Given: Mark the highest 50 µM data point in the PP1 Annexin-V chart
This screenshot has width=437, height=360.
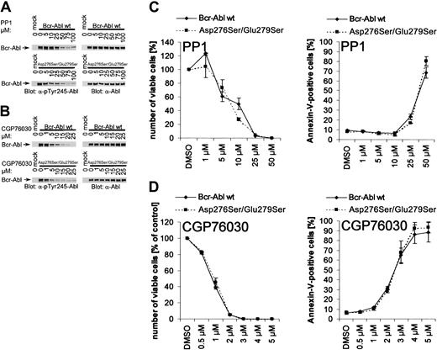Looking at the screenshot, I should (427, 61).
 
